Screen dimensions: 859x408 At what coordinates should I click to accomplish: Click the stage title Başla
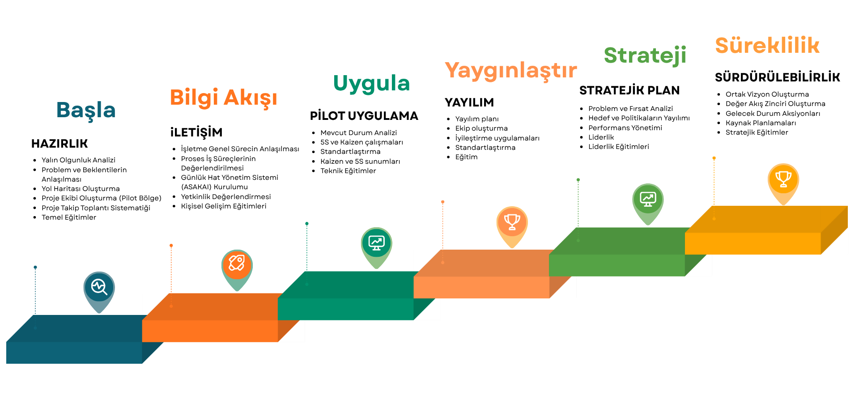pyautogui.click(x=86, y=110)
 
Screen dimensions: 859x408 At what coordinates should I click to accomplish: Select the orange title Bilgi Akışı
pyautogui.click(x=224, y=98)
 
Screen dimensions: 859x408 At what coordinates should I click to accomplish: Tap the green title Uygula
pyautogui.click(x=371, y=83)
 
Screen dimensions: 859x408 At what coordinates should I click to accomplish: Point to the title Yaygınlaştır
pyautogui.click(x=511, y=71)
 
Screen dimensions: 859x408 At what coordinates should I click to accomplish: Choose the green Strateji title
pyautogui.click(x=645, y=55)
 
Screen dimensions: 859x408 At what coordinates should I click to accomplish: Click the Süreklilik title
pyautogui.click(x=767, y=46)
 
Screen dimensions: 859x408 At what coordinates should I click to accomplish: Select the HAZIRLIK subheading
pyautogui.click(x=60, y=144)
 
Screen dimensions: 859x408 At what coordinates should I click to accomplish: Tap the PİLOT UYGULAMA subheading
pyautogui.click(x=364, y=116)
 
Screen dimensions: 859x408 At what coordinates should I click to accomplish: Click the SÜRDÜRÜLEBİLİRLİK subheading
pyautogui.click(x=778, y=77)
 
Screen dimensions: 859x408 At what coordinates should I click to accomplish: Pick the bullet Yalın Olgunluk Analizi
pyautogui.click(x=78, y=160)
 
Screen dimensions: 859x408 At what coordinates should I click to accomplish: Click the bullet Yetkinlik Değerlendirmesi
pyautogui.click(x=226, y=197)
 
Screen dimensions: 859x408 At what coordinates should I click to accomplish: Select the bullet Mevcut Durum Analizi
pyautogui.click(x=359, y=133)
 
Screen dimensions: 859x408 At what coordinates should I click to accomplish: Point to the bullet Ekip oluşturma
pyautogui.click(x=481, y=128)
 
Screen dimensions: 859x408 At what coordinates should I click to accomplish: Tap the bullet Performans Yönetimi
pyautogui.click(x=625, y=128)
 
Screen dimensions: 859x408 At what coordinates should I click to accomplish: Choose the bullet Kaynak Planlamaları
pyautogui.click(x=761, y=123)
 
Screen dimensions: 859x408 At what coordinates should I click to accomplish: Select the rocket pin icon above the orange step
pyautogui.click(x=237, y=270)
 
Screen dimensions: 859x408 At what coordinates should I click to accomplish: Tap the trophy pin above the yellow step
pyautogui.click(x=783, y=184)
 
